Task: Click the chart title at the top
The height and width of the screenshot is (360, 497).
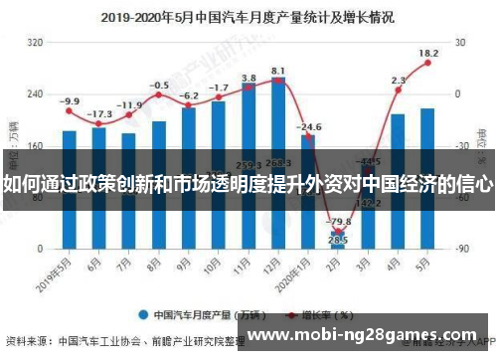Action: click(x=247, y=17)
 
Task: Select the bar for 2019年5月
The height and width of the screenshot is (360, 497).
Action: click(x=69, y=189)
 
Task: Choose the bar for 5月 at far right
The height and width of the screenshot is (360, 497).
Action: click(x=427, y=178)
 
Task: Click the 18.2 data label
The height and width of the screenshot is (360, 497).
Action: click(x=428, y=53)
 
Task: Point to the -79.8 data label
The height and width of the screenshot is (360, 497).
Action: click(x=339, y=221)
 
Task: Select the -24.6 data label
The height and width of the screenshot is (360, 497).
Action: click(x=309, y=127)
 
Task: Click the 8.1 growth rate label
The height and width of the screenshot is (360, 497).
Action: click(x=278, y=71)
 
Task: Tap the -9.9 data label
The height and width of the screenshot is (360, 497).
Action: click(x=69, y=101)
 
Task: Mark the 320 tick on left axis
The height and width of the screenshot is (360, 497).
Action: click(x=35, y=43)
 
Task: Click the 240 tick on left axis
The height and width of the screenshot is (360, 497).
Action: click(x=35, y=94)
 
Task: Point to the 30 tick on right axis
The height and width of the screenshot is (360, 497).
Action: click(x=461, y=43)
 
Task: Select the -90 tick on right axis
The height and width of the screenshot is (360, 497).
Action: click(x=461, y=248)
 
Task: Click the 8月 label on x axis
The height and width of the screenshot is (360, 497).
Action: click(x=156, y=267)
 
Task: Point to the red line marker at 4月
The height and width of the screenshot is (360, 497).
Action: click(x=399, y=90)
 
